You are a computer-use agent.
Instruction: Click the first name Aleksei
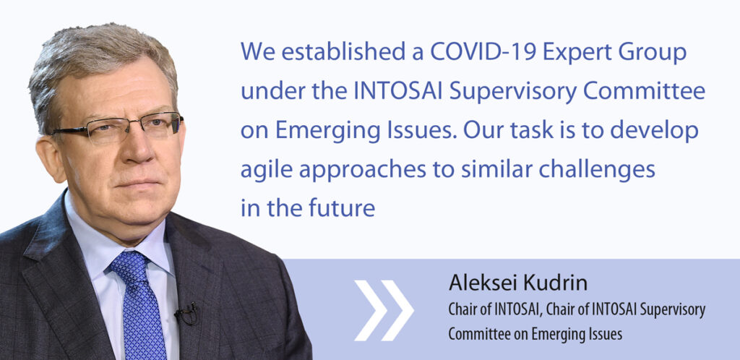476,283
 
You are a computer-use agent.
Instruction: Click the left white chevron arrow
371,310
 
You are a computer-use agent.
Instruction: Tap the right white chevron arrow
397,310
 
